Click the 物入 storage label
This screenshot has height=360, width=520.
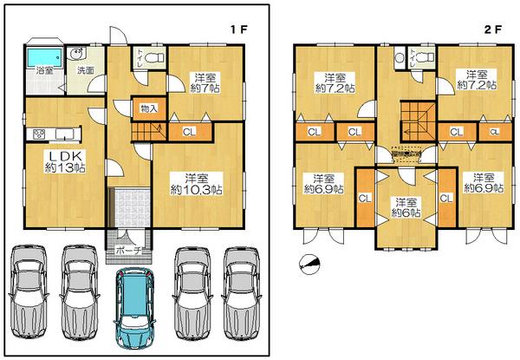[x=148, y=108]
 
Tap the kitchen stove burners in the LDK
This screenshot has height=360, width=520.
[x=39, y=134]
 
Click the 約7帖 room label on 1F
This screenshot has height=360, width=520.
[x=206, y=88]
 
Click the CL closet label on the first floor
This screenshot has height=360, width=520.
[x=189, y=132]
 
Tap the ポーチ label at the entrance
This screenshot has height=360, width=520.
[x=127, y=251]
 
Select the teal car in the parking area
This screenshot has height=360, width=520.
[x=134, y=308]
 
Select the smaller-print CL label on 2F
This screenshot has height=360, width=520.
[x=493, y=132]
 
